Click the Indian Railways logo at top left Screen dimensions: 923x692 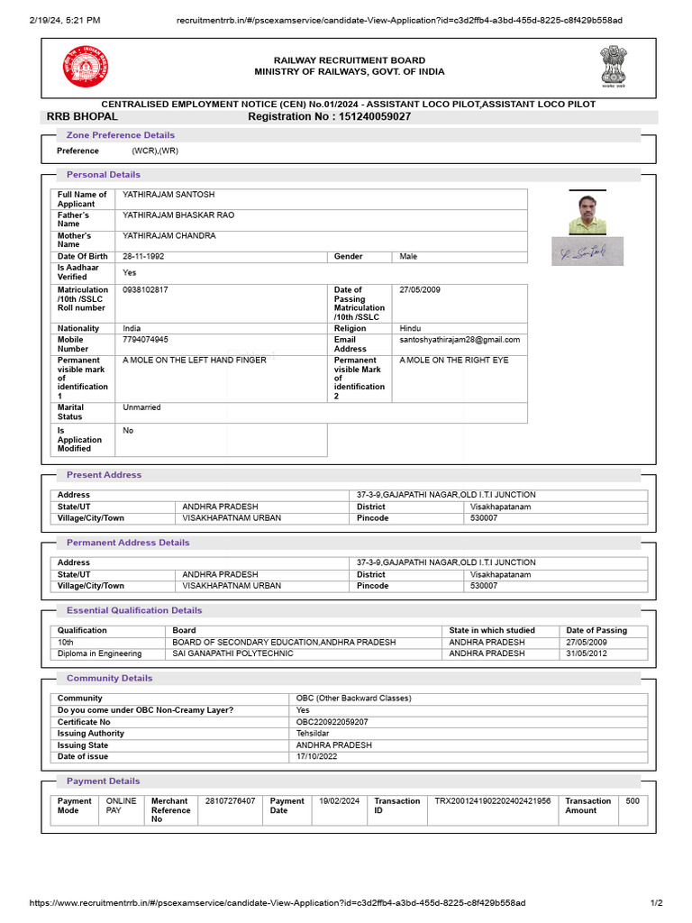[x=84, y=67]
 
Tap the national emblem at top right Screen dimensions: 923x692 [x=612, y=66]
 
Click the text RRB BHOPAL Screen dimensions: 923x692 [x=82, y=116]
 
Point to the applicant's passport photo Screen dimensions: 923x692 [x=587, y=214]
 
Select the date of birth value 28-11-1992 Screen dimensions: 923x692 [x=144, y=257]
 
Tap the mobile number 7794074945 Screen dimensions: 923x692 [x=145, y=340]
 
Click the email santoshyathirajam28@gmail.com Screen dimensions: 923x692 [x=460, y=340]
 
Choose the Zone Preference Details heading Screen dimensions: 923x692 [x=121, y=135]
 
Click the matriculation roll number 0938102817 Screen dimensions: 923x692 [x=145, y=290]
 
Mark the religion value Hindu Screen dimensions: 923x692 [x=411, y=329]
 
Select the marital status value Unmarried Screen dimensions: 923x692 [x=141, y=407]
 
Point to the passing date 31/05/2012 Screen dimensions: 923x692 [x=587, y=653]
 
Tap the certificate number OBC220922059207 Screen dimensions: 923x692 [x=332, y=722]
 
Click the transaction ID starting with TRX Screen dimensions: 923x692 [x=492, y=801]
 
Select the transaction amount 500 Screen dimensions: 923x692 [x=633, y=801]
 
